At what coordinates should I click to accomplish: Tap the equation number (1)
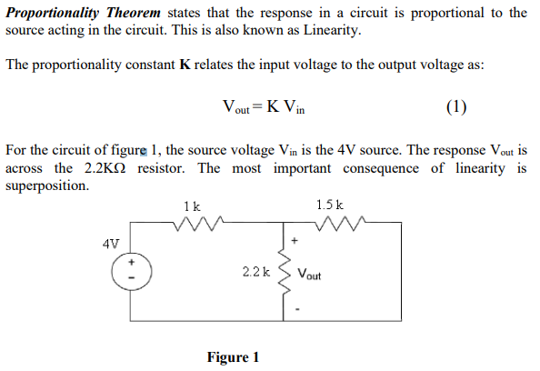pos(456,107)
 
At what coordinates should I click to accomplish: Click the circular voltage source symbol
pos(128,268)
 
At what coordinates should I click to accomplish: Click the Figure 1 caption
pos(233,356)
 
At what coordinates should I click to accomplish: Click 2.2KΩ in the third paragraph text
pos(104,168)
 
